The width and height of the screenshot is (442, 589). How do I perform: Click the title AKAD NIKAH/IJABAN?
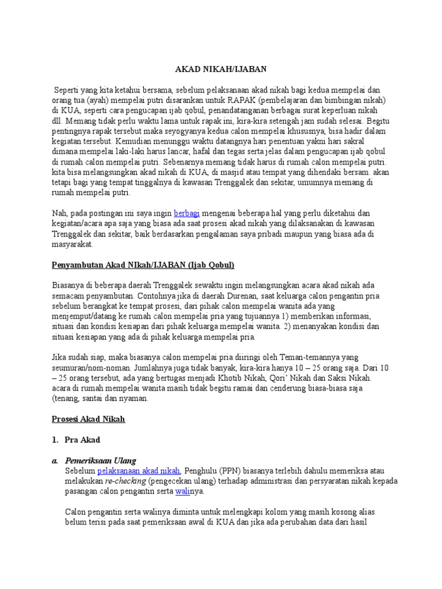[x=221, y=70]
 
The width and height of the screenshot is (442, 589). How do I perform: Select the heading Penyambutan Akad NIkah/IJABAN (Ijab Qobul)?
[x=140, y=265]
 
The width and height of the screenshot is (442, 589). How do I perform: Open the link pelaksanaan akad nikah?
[x=139, y=471]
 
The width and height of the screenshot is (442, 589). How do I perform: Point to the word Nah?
[x=60, y=213]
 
